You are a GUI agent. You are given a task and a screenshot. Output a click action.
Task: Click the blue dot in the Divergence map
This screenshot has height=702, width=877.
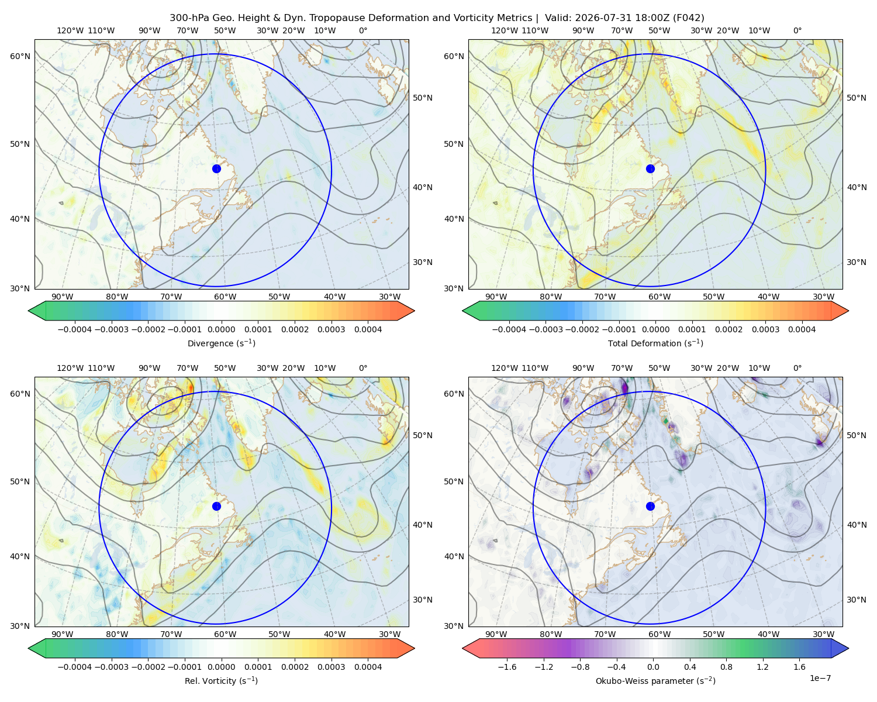pyautogui.click(x=216, y=168)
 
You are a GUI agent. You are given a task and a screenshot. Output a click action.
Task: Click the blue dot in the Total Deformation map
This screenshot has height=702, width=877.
pyautogui.click(x=650, y=168)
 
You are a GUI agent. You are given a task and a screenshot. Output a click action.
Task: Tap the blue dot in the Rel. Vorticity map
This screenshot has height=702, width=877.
pyautogui.click(x=216, y=506)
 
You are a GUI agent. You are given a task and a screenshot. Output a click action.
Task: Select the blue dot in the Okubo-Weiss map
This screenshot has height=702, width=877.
pyautogui.click(x=650, y=506)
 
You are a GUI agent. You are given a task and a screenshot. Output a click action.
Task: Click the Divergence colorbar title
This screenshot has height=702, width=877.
pyautogui.click(x=221, y=343)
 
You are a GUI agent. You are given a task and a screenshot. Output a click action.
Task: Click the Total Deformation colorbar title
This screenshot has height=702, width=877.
pyautogui.click(x=655, y=343)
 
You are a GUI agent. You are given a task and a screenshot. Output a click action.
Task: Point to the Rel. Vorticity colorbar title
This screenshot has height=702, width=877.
pyautogui.click(x=221, y=680)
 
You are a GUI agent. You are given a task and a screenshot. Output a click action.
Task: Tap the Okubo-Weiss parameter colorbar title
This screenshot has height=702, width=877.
pyautogui.click(x=655, y=680)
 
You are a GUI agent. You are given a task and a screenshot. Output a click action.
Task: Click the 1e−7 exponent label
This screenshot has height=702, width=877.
pyautogui.click(x=820, y=678)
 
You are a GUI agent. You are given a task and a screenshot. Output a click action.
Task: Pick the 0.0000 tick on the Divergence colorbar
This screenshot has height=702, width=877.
pyautogui.click(x=221, y=329)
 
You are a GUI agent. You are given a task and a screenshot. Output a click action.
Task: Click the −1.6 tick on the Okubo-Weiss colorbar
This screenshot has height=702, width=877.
pyautogui.click(x=507, y=666)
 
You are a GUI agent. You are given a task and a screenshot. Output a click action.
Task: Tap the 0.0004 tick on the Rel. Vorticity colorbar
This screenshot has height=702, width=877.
pyautogui.click(x=368, y=666)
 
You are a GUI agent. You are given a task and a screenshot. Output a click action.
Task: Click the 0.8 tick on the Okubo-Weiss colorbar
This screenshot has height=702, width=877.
pyautogui.click(x=726, y=666)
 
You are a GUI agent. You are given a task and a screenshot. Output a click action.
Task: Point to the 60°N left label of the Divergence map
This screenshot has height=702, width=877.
pyautogui.click(x=20, y=56)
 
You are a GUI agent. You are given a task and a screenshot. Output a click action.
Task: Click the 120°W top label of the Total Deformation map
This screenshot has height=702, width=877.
pyautogui.click(x=505, y=30)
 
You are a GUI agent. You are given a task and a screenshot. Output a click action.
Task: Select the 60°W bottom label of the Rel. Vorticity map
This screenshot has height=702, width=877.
pyautogui.click(x=225, y=634)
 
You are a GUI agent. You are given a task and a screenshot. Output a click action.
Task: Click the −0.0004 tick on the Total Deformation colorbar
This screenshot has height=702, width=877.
pyautogui.click(x=509, y=329)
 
